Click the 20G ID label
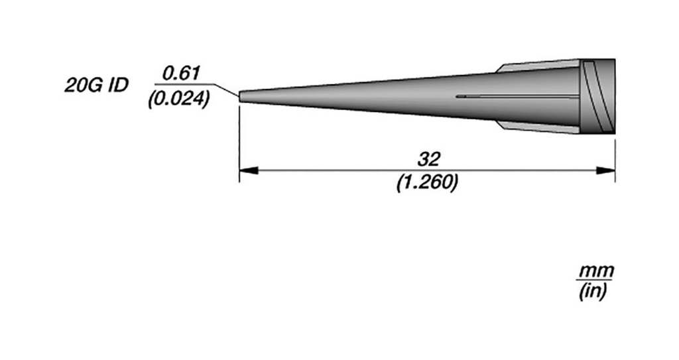97,86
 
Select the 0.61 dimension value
181,73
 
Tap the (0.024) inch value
178,99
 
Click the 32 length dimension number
428,159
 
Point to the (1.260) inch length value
427,183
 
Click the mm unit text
596,272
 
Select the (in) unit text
593,292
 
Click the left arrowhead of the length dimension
249,170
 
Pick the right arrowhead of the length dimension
605,170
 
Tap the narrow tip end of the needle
240,97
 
